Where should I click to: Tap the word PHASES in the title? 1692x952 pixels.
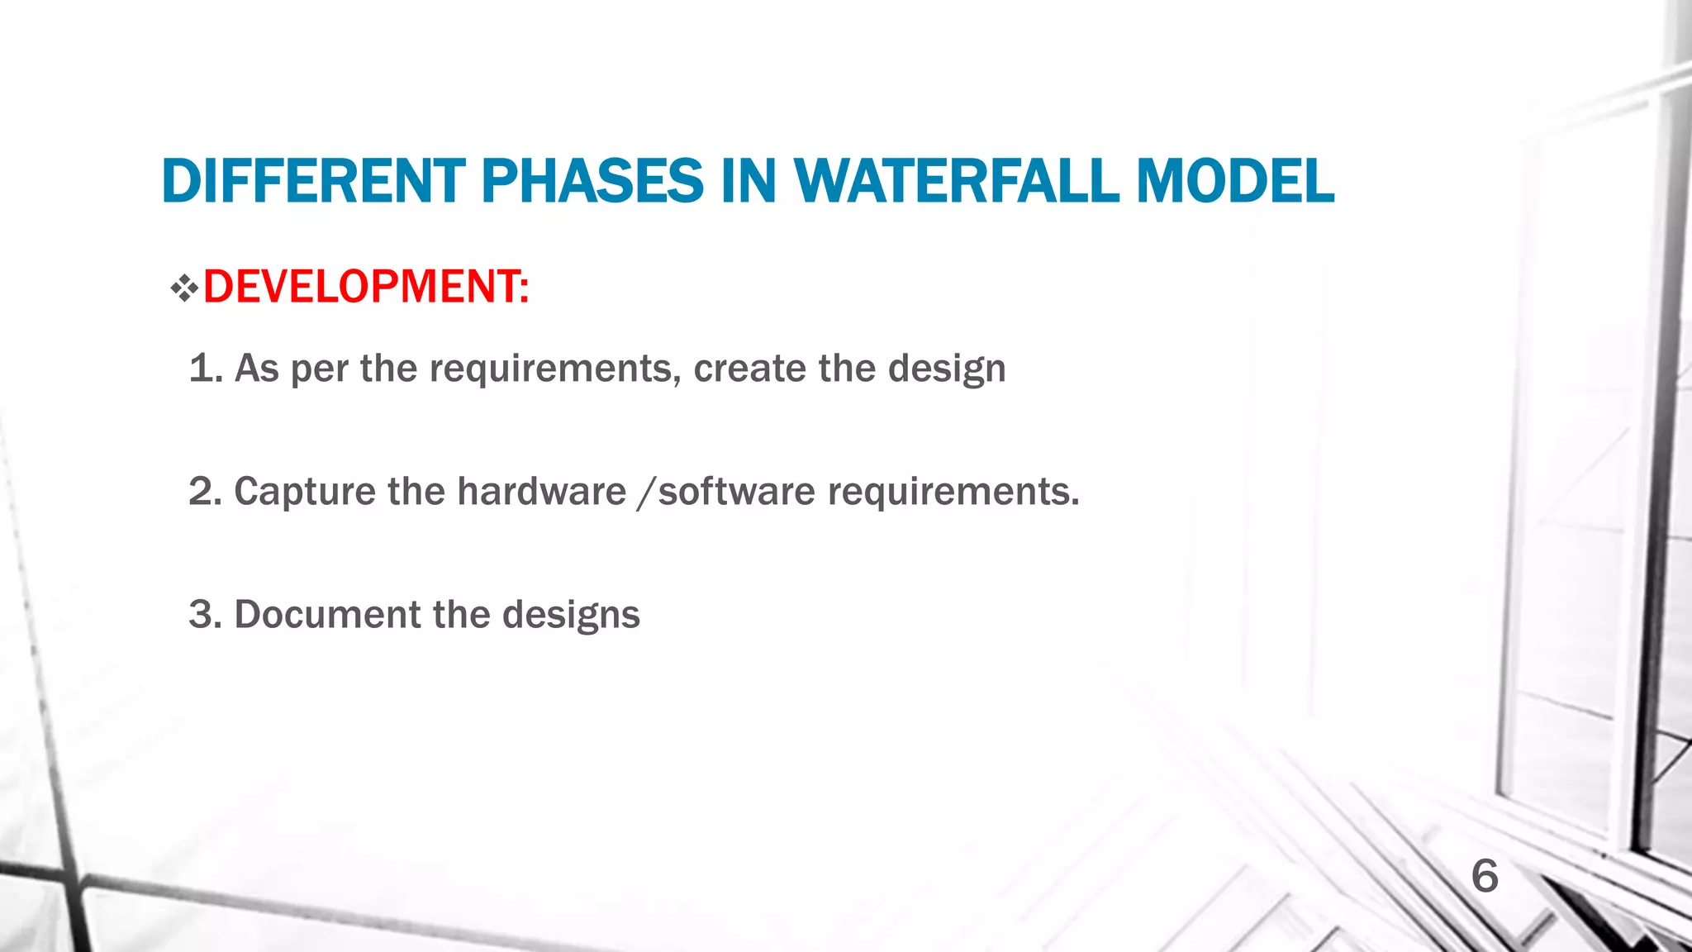[x=592, y=181]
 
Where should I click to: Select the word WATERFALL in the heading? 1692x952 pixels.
[x=956, y=181]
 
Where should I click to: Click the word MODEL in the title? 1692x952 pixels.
[x=1235, y=181]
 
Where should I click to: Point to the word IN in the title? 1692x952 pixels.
[x=749, y=181]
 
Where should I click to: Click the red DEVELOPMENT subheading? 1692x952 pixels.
[x=365, y=287]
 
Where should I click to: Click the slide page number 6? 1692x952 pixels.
[x=1485, y=876]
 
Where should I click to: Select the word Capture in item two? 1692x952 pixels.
[x=305, y=492]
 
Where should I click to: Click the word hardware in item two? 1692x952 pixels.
[x=541, y=491]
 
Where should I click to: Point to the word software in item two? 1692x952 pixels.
[x=737, y=491]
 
